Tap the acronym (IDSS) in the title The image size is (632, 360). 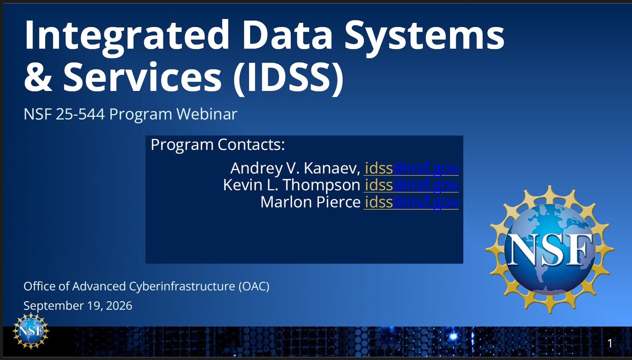pos(288,77)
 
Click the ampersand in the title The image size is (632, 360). pos(38,77)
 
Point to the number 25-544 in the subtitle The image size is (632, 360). pos(80,114)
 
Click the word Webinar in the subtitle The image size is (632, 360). pos(207,114)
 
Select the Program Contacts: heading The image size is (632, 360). pos(218,144)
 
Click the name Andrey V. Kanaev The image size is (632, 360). pos(295,168)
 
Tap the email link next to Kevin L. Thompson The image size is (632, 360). pos(412,185)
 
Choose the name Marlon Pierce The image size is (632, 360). pos(310,202)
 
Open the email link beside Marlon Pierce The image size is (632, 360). pos(412,202)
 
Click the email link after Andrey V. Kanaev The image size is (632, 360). pos(412,168)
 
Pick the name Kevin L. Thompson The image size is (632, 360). pos(292,185)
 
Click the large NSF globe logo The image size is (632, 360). pos(549,249)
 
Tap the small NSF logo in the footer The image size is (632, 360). pos(31,331)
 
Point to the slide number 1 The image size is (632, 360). pos(609,343)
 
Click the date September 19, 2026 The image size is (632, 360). pos(78,306)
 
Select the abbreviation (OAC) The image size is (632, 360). pos(254,286)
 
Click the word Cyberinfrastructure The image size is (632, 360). pos(182,286)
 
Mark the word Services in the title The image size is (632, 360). pos(143,77)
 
